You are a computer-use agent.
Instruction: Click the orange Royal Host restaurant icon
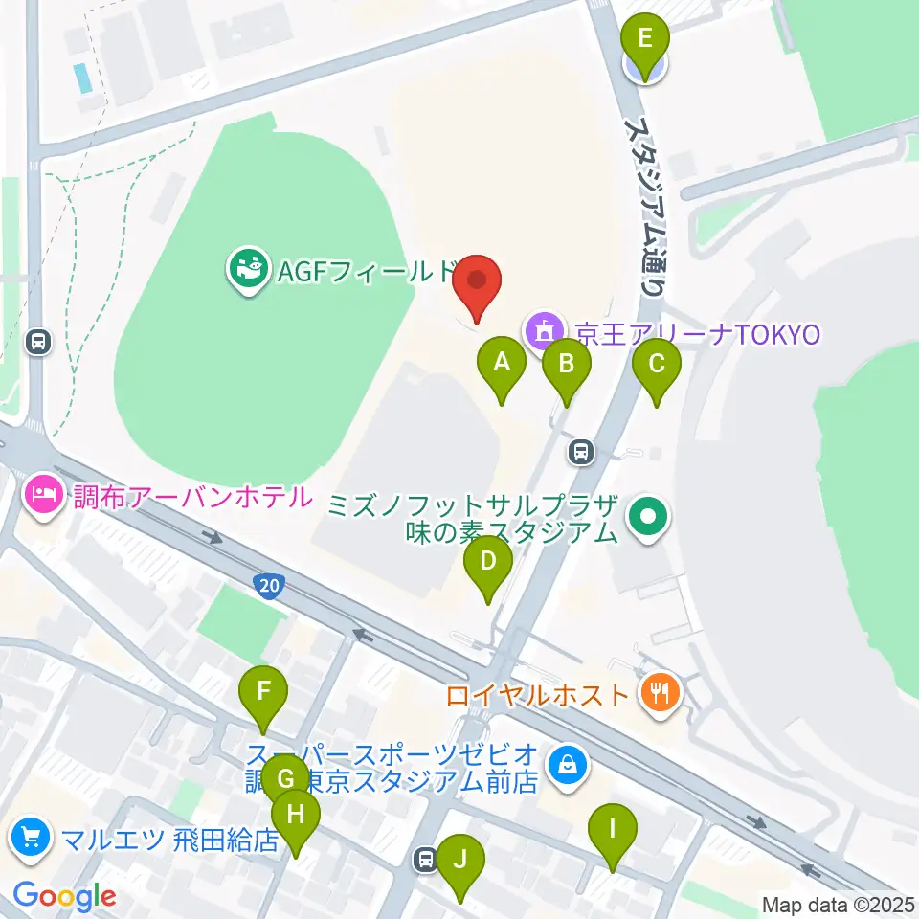coord(660,692)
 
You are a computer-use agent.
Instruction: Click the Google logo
coord(65,897)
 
